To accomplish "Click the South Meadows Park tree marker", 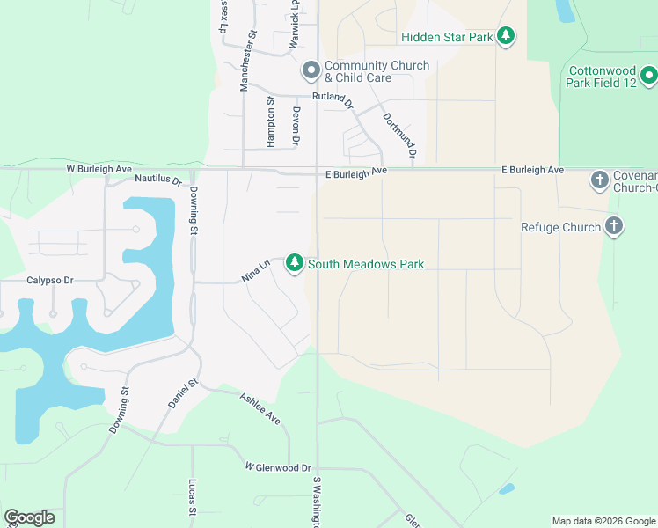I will click(x=295, y=263).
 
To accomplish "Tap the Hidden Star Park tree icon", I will click(x=506, y=36).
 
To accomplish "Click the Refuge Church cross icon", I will click(x=614, y=227).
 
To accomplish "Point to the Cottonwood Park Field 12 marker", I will click(x=649, y=77).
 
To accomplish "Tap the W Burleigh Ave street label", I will click(x=99, y=168).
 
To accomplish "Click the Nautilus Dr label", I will click(x=158, y=180).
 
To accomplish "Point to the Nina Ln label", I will click(x=255, y=271).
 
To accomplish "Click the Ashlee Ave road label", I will click(x=261, y=408).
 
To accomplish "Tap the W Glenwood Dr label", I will click(x=278, y=467).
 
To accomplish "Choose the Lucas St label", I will click(x=193, y=497).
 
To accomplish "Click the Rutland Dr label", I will click(x=332, y=99).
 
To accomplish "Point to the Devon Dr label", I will click(x=296, y=125).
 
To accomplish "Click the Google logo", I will click(x=29, y=517).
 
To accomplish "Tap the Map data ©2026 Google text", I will click(x=603, y=521).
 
